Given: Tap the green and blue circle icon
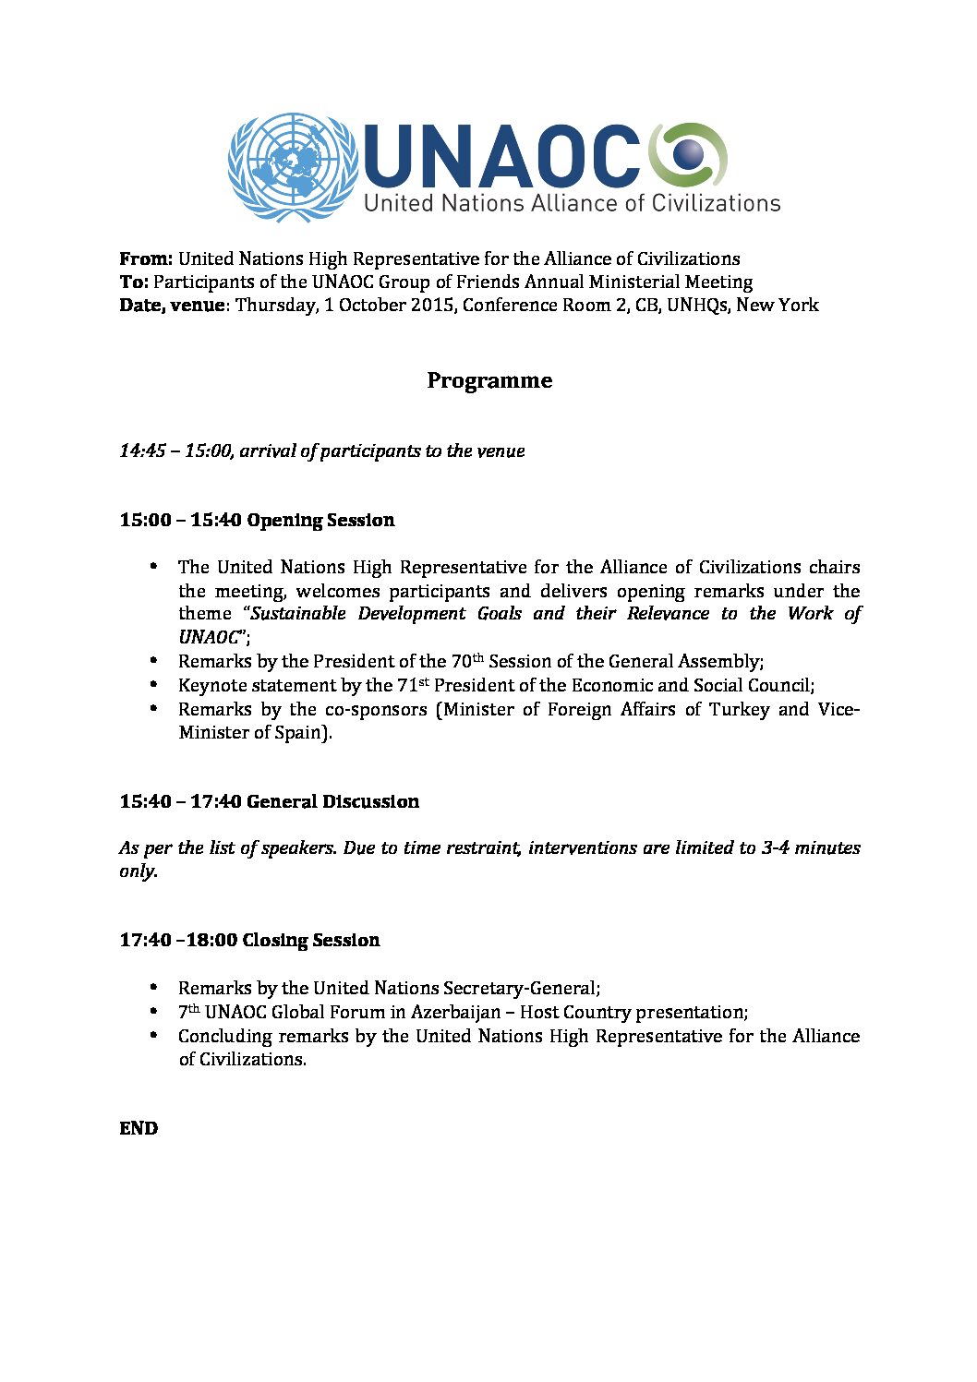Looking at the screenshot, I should (688, 154).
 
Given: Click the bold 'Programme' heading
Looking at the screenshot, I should (489, 380).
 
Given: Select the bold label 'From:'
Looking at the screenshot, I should (146, 258).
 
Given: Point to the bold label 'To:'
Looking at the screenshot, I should (134, 282).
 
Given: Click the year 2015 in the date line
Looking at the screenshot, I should (430, 305).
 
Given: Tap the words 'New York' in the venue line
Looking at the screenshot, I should (777, 305).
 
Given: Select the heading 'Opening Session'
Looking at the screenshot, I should (320, 520).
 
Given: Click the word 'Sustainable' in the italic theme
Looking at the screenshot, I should (299, 614).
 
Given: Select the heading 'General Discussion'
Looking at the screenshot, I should (332, 801).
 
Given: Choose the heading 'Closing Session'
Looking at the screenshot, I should (310, 940).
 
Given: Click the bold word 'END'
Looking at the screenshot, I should (139, 1128).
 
